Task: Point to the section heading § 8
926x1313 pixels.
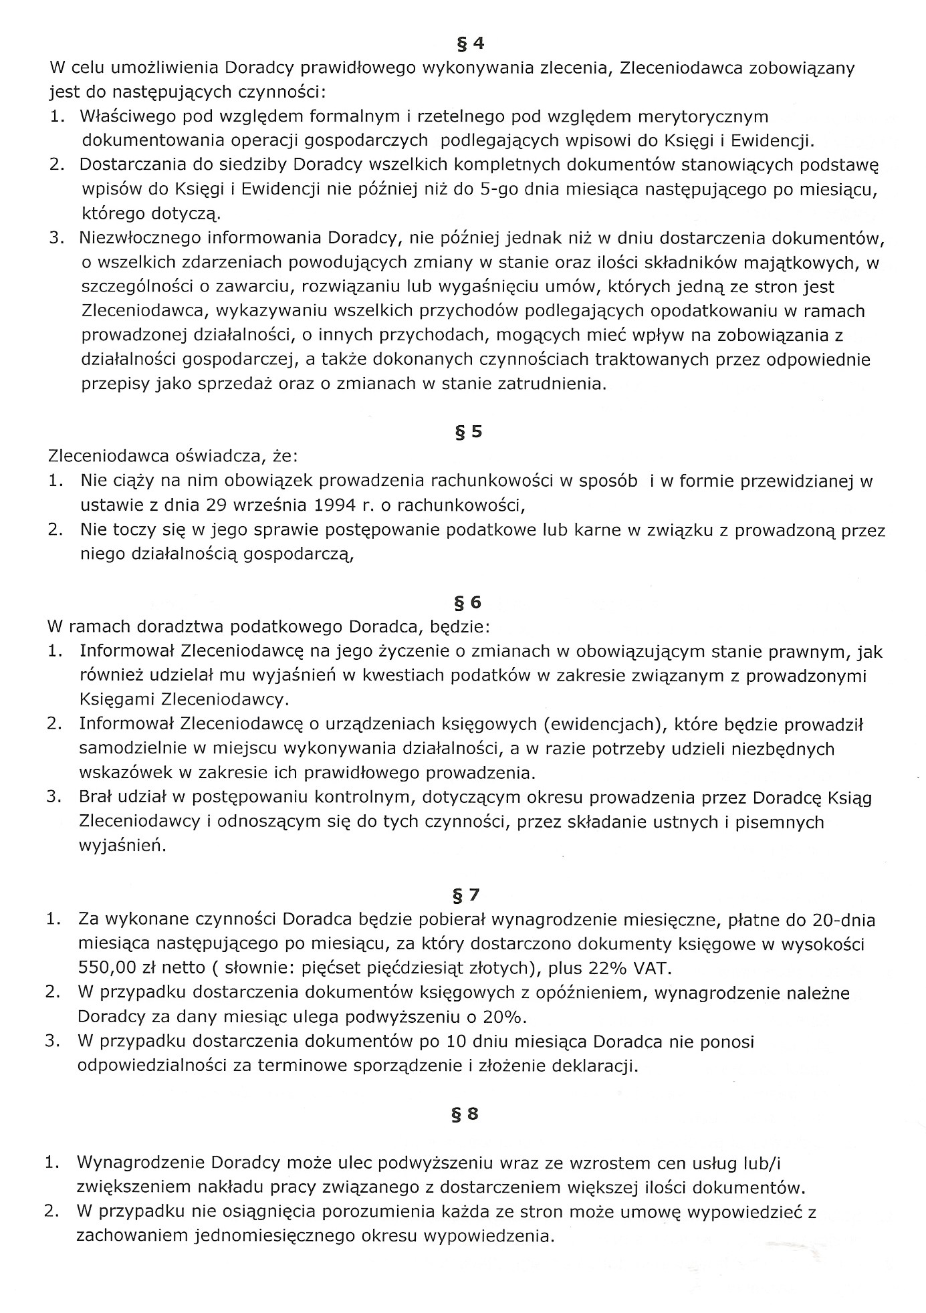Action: (467, 1114)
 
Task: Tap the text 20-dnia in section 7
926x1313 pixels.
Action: (844, 920)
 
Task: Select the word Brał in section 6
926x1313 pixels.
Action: (97, 798)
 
